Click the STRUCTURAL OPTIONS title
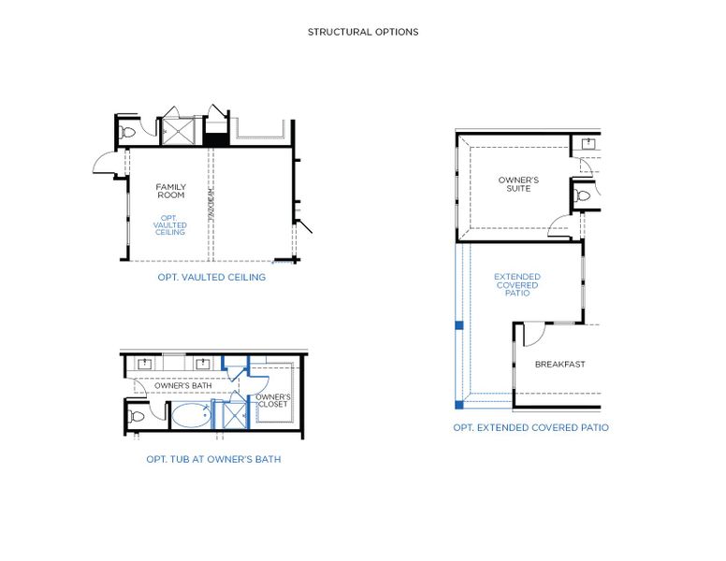coord(363,32)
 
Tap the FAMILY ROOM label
coord(170,191)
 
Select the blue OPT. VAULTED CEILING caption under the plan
coord(211,277)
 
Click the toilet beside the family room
coord(127,132)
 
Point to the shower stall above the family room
coord(175,132)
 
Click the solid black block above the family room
coord(216,139)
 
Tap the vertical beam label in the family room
coord(211,203)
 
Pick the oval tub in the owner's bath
coord(191,414)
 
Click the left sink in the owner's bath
coord(146,363)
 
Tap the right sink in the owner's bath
coord(202,363)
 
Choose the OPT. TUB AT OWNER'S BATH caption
coord(213,459)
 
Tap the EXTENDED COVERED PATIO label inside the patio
coord(516,285)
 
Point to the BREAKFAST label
coord(559,364)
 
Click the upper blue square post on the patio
coord(458,325)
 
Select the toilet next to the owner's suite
coord(584,195)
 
